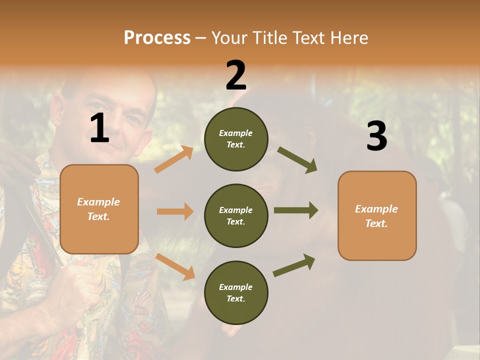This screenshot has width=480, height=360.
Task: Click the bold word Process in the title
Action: point(157,37)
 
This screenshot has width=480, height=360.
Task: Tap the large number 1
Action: point(99,128)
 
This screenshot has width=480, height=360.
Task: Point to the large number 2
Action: point(236,75)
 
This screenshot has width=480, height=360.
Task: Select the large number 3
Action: point(376,136)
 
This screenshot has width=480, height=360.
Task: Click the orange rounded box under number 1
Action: point(99,209)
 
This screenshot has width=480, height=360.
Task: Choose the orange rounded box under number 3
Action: point(377,215)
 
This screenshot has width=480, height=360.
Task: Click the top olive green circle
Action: point(236,139)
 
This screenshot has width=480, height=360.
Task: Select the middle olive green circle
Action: point(236,215)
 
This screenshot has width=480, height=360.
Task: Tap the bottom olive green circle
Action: point(236,292)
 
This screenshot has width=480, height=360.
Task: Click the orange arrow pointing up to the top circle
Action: point(173,159)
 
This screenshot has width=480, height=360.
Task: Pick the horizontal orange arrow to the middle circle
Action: point(174,211)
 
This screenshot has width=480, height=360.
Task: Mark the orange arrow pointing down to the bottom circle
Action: point(175,266)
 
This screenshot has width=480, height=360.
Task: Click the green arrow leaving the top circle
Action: point(297,159)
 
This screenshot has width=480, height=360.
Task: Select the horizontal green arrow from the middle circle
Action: point(295,210)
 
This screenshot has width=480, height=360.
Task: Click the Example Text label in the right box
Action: point(376,216)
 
